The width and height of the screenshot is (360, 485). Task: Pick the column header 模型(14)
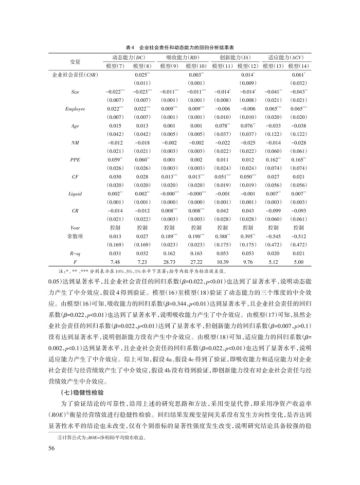coord(298,66)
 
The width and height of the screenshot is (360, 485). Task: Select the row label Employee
coord(75,109)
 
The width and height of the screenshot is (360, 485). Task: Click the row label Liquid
coord(75,192)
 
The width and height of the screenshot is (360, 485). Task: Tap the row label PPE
coord(75,159)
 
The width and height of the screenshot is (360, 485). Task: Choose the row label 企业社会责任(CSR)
coord(75,75)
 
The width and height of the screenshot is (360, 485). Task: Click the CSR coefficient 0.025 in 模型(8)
coord(141,75)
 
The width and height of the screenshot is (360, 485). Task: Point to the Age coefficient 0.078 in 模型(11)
coord(222,125)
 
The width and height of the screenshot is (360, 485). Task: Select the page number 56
coord(51,448)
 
